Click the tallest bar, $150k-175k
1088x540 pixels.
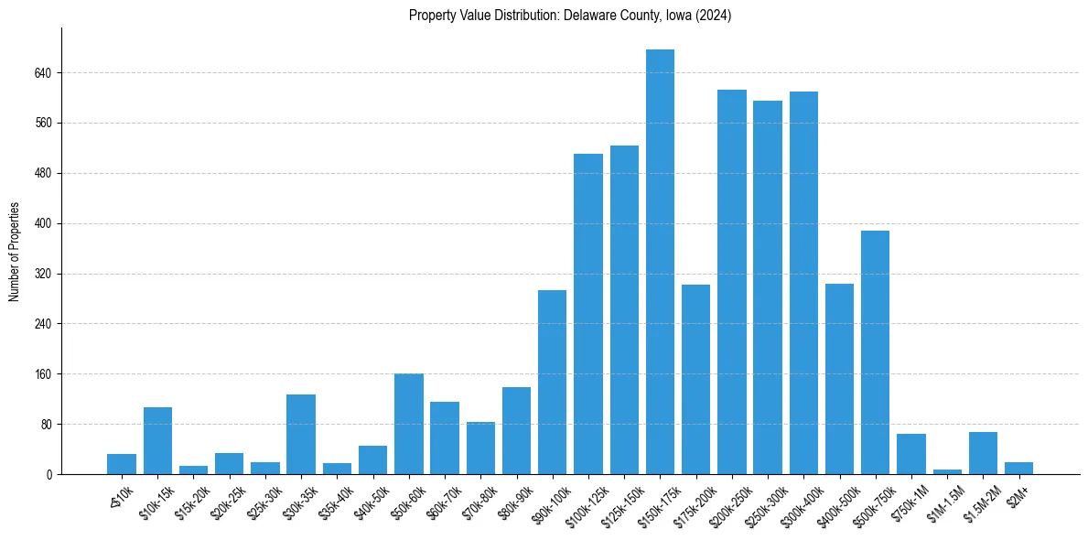click(660, 262)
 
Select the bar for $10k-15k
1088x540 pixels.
click(157, 440)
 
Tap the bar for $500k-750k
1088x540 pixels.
click(875, 352)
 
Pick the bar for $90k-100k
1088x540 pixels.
click(552, 382)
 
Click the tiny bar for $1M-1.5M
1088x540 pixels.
click(947, 471)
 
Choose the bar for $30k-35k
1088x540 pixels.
click(301, 434)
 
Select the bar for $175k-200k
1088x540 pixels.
click(695, 379)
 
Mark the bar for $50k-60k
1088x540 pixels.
click(409, 424)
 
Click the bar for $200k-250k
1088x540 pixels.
click(731, 282)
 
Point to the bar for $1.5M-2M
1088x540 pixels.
click(983, 453)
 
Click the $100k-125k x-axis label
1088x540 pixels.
click(583, 502)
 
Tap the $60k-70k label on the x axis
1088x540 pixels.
click(442, 500)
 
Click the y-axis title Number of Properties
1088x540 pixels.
click(14, 251)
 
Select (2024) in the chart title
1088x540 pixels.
click(712, 16)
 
